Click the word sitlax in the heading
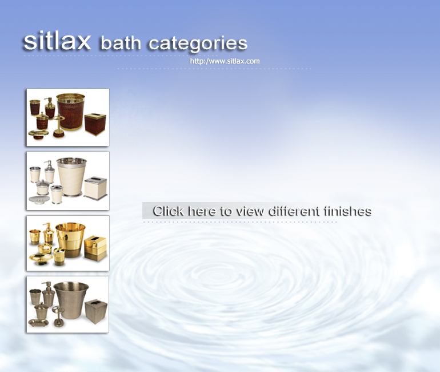57,41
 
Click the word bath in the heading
121,43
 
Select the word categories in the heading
198,45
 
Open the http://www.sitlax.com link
225,61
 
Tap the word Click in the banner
169,211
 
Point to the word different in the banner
294,211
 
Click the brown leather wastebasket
71,112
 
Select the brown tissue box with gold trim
95,124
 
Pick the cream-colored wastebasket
71,177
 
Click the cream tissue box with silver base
95,188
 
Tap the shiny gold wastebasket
70,239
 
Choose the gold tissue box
95,248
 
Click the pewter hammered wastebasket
71,300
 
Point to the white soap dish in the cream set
39,200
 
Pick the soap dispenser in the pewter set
48,294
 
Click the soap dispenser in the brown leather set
50,108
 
